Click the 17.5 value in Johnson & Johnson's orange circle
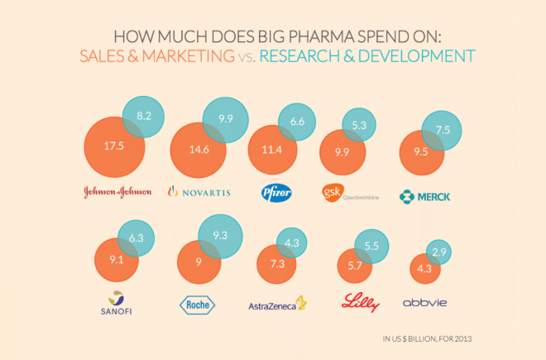[114, 146]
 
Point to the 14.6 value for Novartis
[200, 151]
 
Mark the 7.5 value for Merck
[443, 130]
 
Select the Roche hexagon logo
[197, 305]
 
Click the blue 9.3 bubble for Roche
[220, 236]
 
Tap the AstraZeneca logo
[278, 304]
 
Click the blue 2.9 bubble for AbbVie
[439, 251]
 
